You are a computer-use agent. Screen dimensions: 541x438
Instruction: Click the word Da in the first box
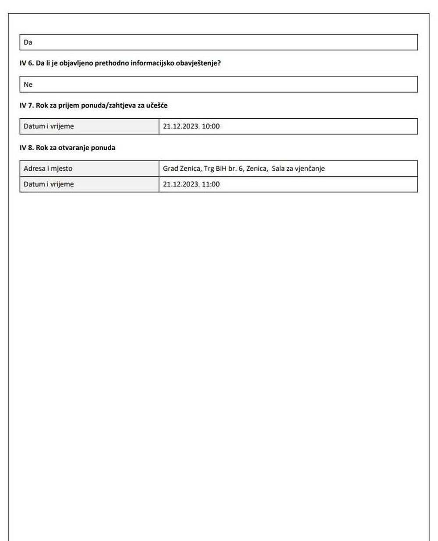tap(28, 42)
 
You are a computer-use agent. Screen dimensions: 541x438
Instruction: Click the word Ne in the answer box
tap(28, 85)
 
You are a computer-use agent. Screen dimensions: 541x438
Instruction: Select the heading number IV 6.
tap(26, 63)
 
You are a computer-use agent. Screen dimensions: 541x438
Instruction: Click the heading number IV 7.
tap(26, 105)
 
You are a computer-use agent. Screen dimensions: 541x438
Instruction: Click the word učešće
tap(157, 105)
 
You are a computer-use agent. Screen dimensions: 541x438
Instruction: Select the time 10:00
tap(211, 126)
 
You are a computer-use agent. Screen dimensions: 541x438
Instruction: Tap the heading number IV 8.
tap(26, 148)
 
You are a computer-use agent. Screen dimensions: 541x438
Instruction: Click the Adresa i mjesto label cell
tap(48, 169)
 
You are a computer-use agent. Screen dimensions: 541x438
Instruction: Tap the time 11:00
tap(211, 184)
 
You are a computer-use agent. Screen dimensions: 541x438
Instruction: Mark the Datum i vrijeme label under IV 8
tap(49, 184)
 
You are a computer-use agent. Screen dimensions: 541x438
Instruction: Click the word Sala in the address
tap(278, 169)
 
